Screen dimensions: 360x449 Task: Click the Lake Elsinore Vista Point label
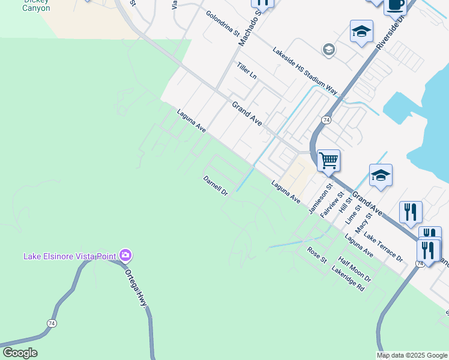[x=69, y=256]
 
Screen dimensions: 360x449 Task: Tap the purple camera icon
[x=125, y=256]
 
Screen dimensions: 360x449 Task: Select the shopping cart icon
[x=328, y=160]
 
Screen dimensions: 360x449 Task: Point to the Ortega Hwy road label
[x=136, y=286]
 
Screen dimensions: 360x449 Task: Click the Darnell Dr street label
[x=215, y=186]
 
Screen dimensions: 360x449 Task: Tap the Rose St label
[x=316, y=255]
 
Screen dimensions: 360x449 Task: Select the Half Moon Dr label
[x=355, y=269]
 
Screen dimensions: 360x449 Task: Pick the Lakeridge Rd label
[x=348, y=278]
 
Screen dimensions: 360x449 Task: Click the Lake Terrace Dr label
[x=383, y=247]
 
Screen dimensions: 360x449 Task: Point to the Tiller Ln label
[x=247, y=71]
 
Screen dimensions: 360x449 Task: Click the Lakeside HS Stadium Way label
[x=304, y=71]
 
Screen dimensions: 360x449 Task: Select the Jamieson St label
[x=321, y=200]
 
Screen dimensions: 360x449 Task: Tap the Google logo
[x=20, y=353]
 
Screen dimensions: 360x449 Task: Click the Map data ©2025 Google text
[x=412, y=355]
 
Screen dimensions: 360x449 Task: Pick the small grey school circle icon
[x=328, y=50]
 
